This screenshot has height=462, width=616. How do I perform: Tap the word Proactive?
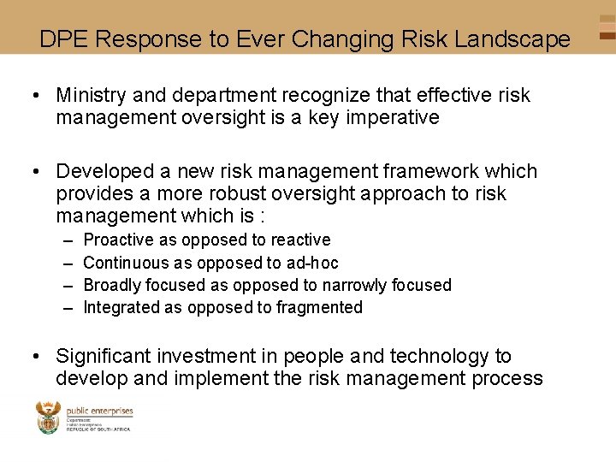118,240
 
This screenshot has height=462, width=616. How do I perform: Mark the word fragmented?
320,307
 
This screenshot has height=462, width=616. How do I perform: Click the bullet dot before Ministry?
40,95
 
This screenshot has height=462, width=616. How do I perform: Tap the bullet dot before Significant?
40,356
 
